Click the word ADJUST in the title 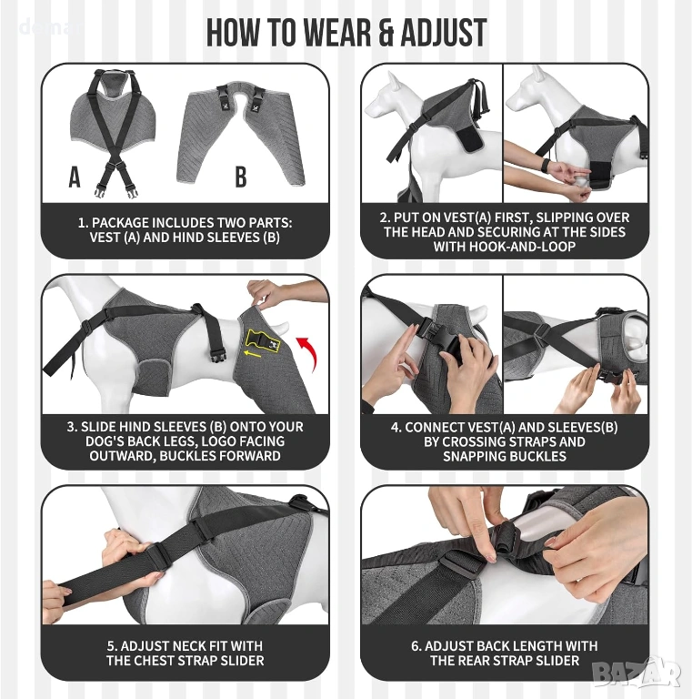443,33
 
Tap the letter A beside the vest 75,177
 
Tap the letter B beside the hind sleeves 240,177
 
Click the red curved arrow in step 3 308,353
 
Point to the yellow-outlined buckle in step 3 262,340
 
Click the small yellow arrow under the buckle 252,353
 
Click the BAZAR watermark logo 637,673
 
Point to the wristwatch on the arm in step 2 544,165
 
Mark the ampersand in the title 386,34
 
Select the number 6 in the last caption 415,646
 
